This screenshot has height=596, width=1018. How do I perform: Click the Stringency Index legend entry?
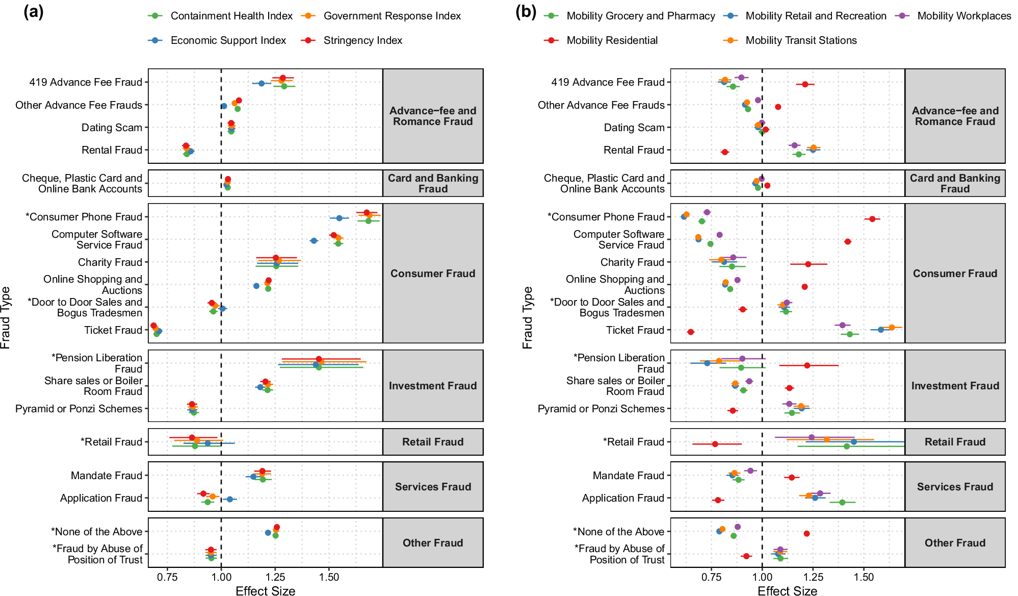click(362, 40)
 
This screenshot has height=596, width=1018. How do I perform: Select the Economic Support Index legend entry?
click(228, 40)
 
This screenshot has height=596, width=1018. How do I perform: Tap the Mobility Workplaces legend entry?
click(963, 16)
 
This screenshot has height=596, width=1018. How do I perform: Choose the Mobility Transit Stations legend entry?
click(801, 40)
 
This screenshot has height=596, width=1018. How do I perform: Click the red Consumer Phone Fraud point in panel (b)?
click(872, 219)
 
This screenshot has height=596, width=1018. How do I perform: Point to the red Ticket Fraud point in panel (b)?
click(691, 332)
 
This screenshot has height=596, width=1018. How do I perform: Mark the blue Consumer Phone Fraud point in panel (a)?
click(339, 218)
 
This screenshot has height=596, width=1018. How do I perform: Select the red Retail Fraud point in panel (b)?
click(715, 444)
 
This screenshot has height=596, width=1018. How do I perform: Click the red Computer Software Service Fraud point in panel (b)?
click(848, 242)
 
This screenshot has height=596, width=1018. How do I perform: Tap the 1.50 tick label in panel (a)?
click(329, 577)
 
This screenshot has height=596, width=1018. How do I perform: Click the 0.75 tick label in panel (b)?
click(711, 577)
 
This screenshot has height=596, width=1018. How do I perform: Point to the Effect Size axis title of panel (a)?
click(265, 591)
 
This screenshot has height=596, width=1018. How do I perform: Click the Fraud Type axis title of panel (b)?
click(527, 317)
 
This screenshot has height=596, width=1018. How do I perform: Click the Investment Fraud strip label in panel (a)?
click(433, 386)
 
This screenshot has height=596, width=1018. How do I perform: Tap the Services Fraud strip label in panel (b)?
click(955, 487)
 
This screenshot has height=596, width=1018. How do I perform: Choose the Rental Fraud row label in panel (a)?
click(112, 150)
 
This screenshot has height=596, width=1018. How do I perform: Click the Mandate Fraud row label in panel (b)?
click(628, 476)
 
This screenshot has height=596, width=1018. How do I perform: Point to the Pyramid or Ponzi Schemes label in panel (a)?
click(79, 409)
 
